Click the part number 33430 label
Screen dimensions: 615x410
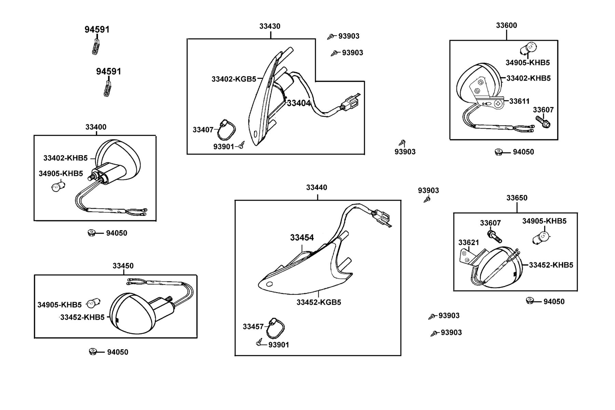(x=270, y=26)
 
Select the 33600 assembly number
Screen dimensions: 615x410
(x=506, y=25)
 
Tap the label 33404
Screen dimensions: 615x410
(x=299, y=103)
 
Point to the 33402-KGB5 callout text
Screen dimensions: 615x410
(x=234, y=79)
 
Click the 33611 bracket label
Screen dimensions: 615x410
(x=519, y=101)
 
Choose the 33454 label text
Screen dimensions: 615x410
(x=302, y=237)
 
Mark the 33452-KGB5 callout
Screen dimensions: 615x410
(x=319, y=302)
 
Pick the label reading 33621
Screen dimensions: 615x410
(x=469, y=243)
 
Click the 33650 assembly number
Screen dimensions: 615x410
(x=517, y=198)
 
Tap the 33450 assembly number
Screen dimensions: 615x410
(x=123, y=266)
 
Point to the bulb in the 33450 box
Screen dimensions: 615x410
(x=93, y=302)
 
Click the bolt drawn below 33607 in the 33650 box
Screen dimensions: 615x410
(x=494, y=236)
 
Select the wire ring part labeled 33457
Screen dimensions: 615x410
(x=275, y=327)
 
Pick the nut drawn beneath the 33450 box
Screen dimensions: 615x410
(x=93, y=352)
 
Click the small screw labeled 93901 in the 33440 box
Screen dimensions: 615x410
(x=259, y=342)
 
